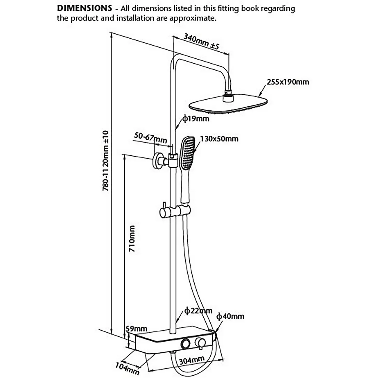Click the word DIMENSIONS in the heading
coord(84,8)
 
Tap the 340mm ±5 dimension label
coord(201,41)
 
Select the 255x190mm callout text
coord(288,82)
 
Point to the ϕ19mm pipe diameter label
coord(196,119)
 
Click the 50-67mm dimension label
coord(150,138)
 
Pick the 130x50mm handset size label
coord(219,139)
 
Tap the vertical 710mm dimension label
coord(132,238)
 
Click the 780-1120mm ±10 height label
coord(106,161)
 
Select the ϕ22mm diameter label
coord(198,311)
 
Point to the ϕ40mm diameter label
coord(230,316)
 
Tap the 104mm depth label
coord(127,369)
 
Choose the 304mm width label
coord(192,360)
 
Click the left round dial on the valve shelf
coord(186,343)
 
